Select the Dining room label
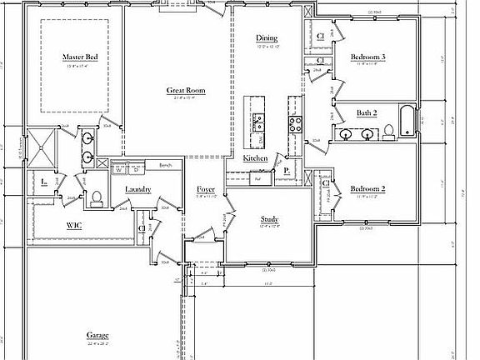point(267,37)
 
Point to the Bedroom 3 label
point(367,57)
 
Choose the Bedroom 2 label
point(367,188)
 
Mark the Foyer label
point(206,189)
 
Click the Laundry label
point(137,189)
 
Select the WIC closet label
point(72,227)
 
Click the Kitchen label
point(255,158)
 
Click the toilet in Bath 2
point(387,130)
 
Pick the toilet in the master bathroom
point(97,197)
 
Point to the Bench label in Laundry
point(164,165)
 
